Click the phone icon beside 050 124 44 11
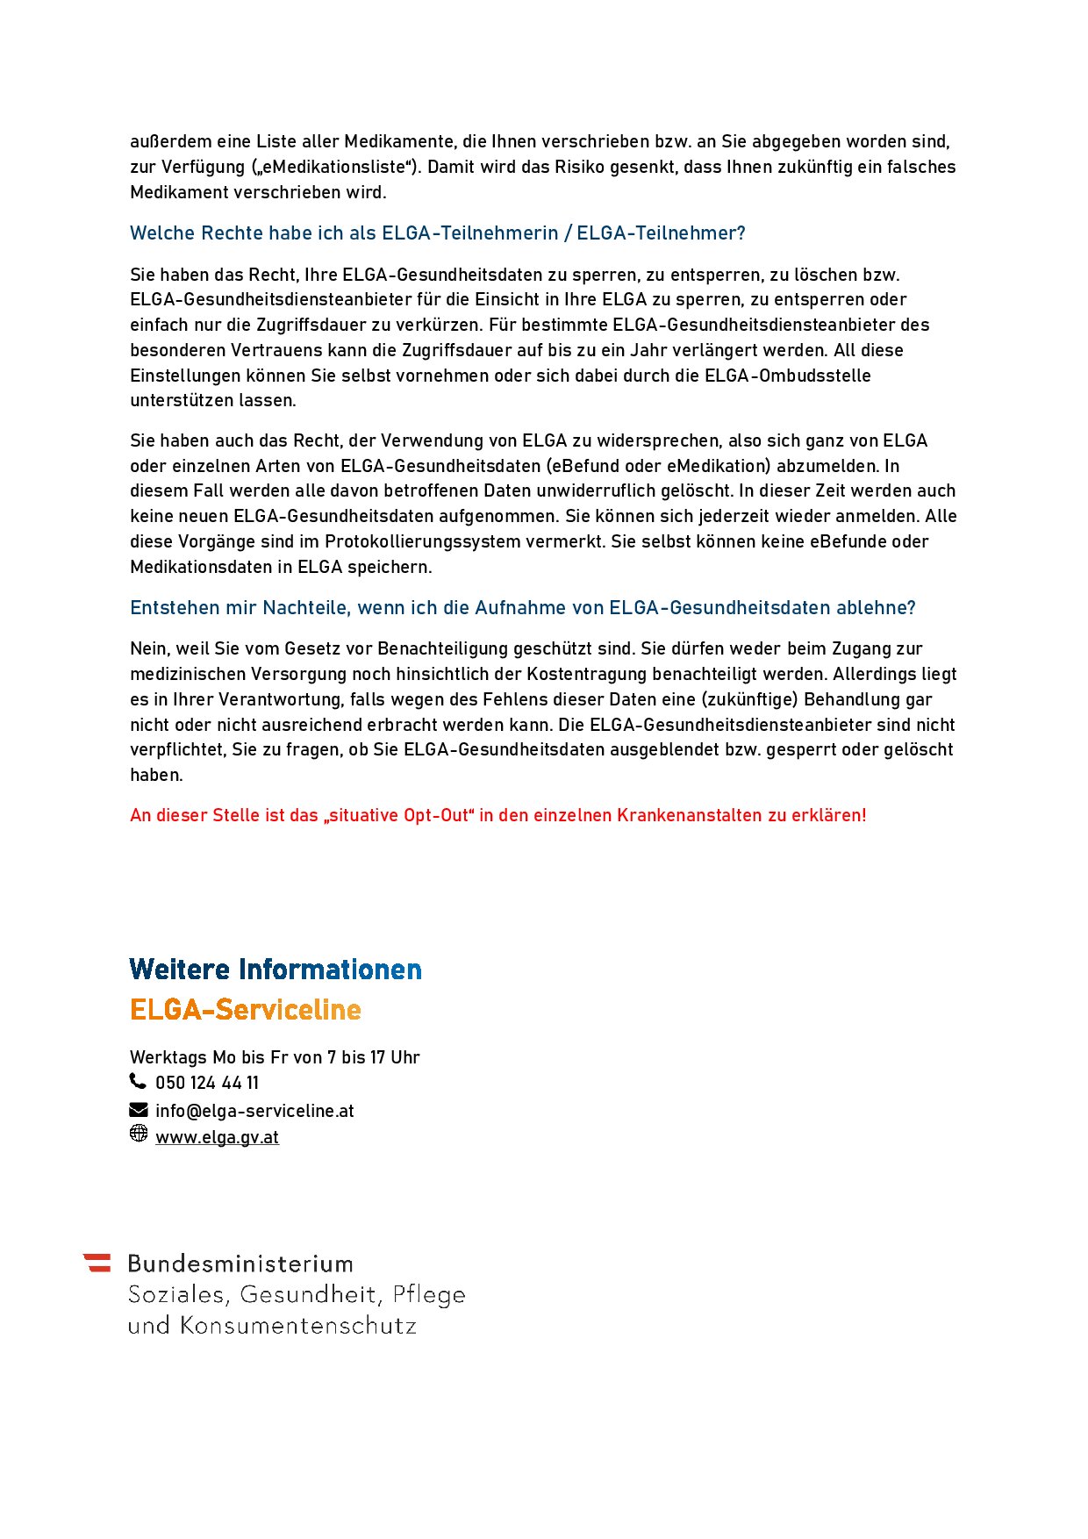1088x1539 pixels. point(138,1081)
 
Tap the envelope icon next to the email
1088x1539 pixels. point(139,1110)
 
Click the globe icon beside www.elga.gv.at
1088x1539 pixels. point(139,1134)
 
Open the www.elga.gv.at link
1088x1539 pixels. point(217,1137)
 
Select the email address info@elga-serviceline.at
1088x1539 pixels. point(254,1111)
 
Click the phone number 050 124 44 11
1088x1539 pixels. point(207,1083)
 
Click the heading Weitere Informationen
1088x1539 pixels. point(276,970)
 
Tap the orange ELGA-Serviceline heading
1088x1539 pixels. point(246,1010)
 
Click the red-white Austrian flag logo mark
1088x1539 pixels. point(98,1263)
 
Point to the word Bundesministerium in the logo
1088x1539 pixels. point(240,1264)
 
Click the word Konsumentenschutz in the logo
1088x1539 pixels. point(298,1326)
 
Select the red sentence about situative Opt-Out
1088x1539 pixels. point(497,815)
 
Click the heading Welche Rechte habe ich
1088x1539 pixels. point(437,233)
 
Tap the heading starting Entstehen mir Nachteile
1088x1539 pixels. point(522,608)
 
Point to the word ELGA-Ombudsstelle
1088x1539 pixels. point(788,376)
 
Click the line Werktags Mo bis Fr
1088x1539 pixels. point(275,1057)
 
